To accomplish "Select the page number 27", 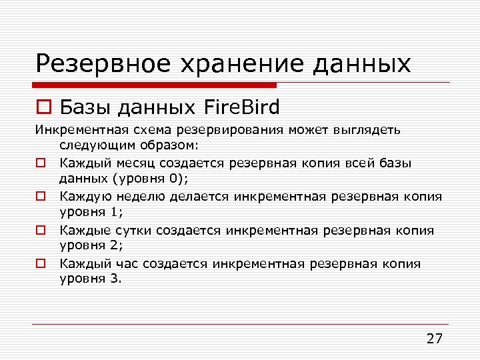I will [x=434, y=338].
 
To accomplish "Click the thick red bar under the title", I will [x=156, y=85].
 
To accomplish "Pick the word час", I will [x=126, y=263].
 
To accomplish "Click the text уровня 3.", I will [x=91, y=279].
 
